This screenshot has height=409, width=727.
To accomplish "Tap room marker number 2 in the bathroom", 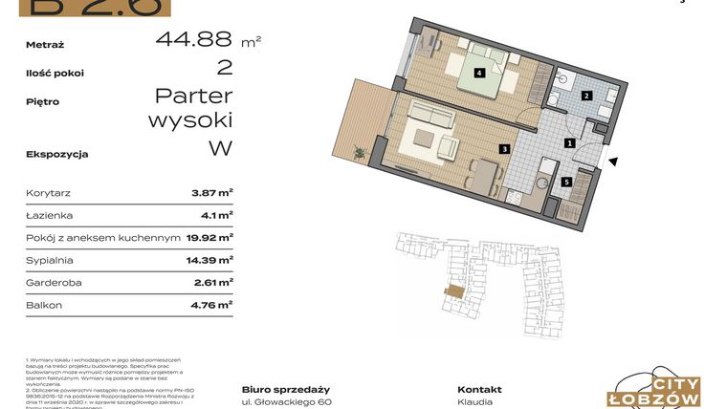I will click(x=588, y=95).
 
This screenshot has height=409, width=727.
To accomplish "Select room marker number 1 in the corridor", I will click(x=569, y=143).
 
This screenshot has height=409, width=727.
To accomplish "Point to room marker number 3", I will click(x=504, y=149).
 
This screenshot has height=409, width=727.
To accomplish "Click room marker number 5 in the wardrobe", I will click(x=566, y=182).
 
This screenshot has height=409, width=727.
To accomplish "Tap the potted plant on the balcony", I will click(x=360, y=150).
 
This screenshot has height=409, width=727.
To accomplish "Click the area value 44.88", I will click(x=194, y=39).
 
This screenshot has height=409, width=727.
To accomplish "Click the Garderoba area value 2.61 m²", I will click(x=212, y=282).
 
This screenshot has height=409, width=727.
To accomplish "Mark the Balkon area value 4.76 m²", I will click(x=211, y=305).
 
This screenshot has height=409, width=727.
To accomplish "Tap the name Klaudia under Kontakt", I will click(x=475, y=402).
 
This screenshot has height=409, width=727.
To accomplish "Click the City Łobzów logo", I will click(x=656, y=388).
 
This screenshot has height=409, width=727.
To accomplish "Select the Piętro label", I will click(x=44, y=100).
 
